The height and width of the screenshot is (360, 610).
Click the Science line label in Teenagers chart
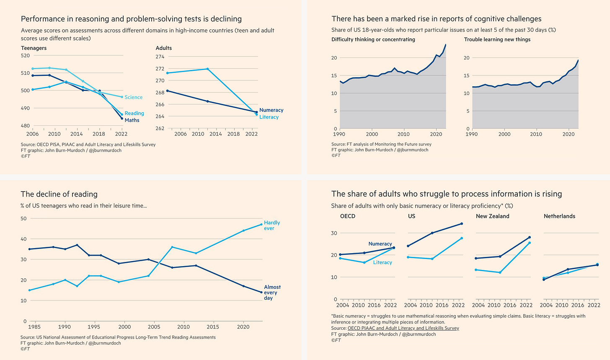[x=134, y=97]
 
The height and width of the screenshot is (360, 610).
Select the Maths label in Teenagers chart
[x=132, y=120]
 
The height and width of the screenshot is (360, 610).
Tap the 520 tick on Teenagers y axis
[x=26, y=55]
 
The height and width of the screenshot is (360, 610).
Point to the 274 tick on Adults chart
[x=160, y=57]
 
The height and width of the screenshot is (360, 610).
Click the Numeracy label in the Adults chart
[x=271, y=110]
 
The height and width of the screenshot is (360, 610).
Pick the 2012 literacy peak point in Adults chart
[x=207, y=69]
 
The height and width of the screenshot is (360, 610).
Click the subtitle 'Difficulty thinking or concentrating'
[x=373, y=39]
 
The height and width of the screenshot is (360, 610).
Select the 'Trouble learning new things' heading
[x=497, y=39]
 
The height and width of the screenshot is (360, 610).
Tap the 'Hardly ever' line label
[x=271, y=225]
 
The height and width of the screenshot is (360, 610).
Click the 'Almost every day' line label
[x=272, y=293]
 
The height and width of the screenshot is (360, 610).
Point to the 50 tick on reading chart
[x=23, y=218]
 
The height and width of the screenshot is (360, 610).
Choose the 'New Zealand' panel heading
[x=492, y=216]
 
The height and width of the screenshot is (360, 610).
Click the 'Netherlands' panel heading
[x=559, y=216]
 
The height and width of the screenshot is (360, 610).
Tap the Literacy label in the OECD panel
[x=383, y=262]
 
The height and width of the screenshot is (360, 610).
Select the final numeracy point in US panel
[x=462, y=224]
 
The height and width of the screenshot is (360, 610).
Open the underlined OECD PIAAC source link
[x=403, y=328]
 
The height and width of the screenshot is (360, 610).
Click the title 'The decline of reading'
[x=59, y=194]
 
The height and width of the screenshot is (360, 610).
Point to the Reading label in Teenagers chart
[x=134, y=113]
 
